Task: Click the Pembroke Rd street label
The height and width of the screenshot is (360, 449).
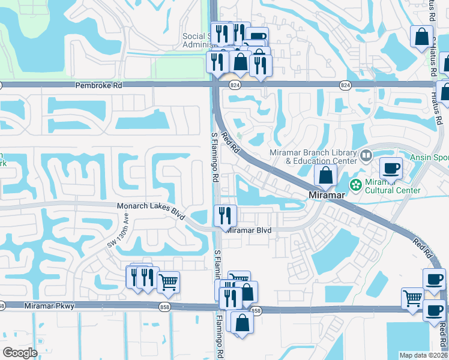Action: [x=98, y=86]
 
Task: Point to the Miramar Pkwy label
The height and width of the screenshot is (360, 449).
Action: [x=49, y=306]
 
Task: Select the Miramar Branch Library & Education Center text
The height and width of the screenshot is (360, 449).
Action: [x=313, y=157]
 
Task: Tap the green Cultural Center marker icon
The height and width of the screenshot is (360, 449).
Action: [x=355, y=184]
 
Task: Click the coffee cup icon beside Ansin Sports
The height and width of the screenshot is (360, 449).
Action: [x=391, y=169]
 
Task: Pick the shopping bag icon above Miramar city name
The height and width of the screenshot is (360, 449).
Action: [x=325, y=176]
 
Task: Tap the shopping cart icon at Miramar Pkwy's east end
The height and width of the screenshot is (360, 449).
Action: [x=412, y=298]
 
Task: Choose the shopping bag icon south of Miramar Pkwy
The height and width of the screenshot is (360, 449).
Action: [x=242, y=322]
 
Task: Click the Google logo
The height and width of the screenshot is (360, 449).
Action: [x=20, y=353]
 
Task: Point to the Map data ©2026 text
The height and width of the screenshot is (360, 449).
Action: [x=423, y=355]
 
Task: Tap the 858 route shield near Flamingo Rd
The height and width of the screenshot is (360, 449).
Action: [x=256, y=311]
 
